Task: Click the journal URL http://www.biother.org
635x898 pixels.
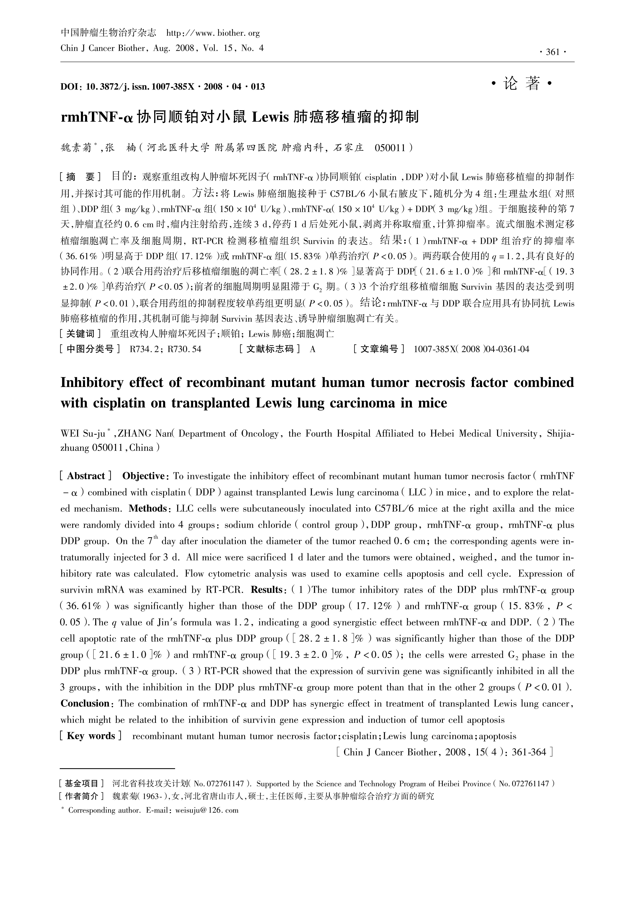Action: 213,33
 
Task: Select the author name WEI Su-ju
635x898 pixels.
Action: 83,433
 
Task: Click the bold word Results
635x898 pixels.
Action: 266,589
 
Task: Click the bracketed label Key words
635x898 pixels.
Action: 91,736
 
